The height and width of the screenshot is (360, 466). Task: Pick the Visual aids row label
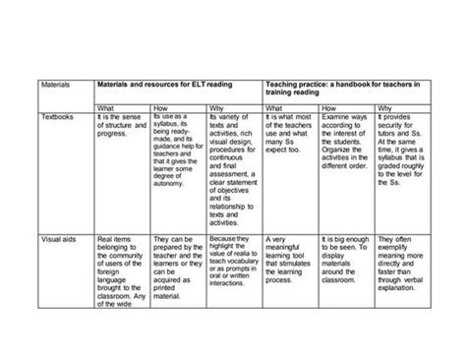(x=53, y=239)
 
